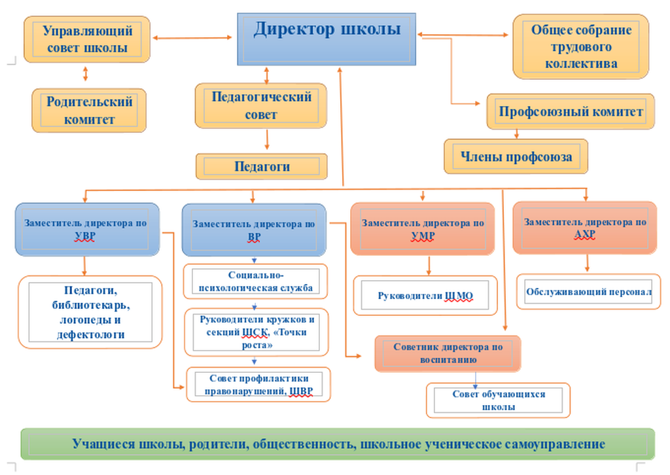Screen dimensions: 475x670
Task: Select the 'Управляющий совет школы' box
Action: [x=87, y=39]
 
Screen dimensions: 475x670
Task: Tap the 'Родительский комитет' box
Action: [x=89, y=111]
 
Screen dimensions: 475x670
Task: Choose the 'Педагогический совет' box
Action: [x=261, y=105]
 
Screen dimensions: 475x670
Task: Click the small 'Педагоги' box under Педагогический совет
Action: [x=262, y=166]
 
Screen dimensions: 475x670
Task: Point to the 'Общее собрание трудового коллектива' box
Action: [x=581, y=47]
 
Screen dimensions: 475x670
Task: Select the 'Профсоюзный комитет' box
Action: [x=571, y=111]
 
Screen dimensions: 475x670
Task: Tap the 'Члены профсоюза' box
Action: [x=516, y=156]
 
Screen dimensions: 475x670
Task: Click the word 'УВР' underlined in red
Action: [x=85, y=236]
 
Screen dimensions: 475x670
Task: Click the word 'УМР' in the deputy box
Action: [x=423, y=236]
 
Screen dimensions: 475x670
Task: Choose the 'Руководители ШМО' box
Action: [x=425, y=296]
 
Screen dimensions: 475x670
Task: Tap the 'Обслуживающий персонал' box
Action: [x=589, y=292]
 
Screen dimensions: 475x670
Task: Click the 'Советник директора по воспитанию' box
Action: [x=448, y=353]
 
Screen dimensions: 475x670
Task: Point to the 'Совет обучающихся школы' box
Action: [x=498, y=400]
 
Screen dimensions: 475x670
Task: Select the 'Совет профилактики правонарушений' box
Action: [x=258, y=385]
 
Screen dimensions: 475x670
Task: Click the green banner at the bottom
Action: [x=338, y=444]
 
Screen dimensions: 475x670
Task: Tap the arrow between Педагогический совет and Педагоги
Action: [x=267, y=140]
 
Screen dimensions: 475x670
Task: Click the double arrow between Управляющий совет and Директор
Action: [x=193, y=38]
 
